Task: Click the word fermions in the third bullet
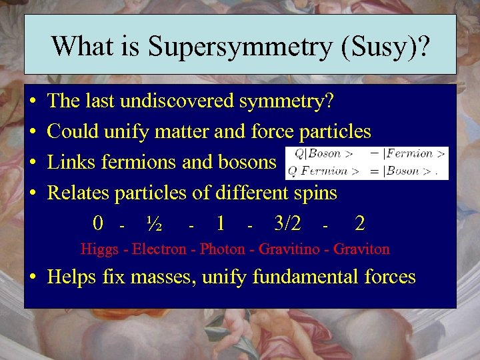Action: (x=123, y=162)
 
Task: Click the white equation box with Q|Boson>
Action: (x=365, y=163)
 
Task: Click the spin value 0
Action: (x=98, y=224)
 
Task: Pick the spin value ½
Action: (x=155, y=224)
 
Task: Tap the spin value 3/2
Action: (x=291, y=224)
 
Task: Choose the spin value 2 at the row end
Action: (x=360, y=224)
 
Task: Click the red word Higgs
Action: (x=97, y=250)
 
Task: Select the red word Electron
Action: (x=159, y=250)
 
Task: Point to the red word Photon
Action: (x=223, y=250)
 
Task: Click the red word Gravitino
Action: (x=290, y=250)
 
